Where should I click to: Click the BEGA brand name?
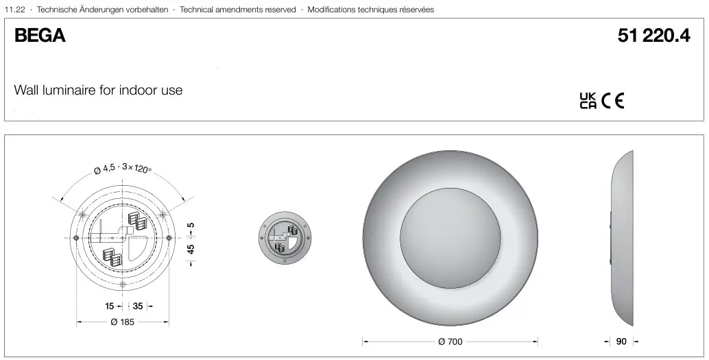[x=40, y=37]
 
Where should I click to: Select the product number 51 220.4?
[x=653, y=37]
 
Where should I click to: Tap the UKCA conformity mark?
[x=588, y=101]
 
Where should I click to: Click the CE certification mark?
[x=613, y=101]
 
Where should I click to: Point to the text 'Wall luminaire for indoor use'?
[x=98, y=91]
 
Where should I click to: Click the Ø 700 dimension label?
[x=450, y=341]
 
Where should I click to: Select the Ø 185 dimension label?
[x=123, y=322]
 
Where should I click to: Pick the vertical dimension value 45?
[x=191, y=248]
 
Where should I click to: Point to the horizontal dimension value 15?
[x=109, y=307]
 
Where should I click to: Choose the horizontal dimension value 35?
[x=138, y=307]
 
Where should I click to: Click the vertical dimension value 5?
[x=191, y=225]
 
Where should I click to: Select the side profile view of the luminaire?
[x=623, y=237]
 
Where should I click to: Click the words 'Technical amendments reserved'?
[x=237, y=10]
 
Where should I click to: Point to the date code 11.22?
[x=14, y=10]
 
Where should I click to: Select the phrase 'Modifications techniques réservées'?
[x=370, y=10]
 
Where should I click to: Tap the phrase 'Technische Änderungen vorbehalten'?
[x=102, y=10]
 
